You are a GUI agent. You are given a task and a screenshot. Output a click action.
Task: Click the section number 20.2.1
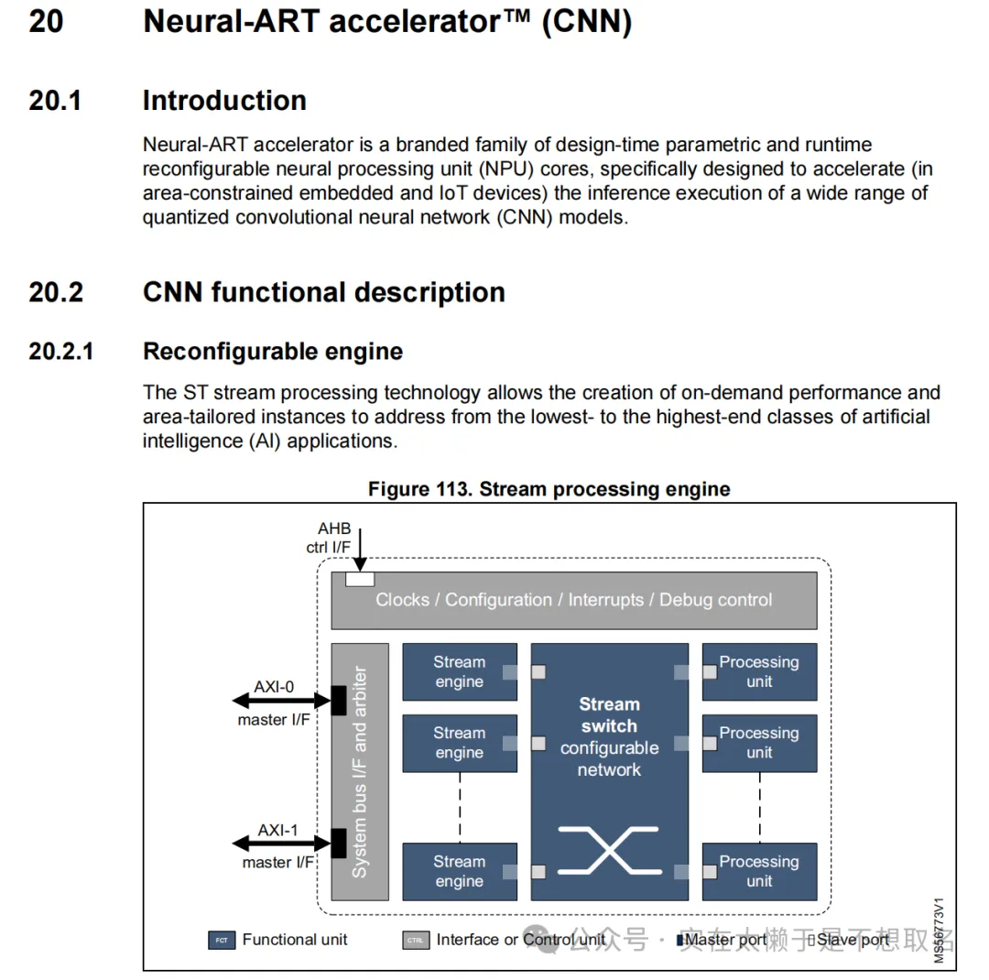tap(61, 352)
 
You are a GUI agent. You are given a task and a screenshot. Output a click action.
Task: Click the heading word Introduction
tap(224, 101)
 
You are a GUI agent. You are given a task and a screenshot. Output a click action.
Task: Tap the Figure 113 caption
tap(549, 489)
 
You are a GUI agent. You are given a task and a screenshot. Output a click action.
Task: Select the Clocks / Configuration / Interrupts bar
tap(574, 600)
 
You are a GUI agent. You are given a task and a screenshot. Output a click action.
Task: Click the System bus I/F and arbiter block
tap(360, 772)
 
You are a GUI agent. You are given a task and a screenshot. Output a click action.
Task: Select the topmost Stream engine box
tap(460, 672)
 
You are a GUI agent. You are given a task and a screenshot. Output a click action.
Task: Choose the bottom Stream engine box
tap(460, 872)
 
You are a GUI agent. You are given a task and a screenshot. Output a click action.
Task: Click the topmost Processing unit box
tap(759, 672)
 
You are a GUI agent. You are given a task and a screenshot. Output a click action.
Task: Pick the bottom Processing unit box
tap(759, 872)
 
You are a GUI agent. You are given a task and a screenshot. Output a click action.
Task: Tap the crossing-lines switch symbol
tap(609, 849)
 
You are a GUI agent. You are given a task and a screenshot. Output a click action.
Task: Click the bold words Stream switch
tap(609, 715)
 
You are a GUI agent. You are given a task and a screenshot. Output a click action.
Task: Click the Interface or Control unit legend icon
tap(416, 940)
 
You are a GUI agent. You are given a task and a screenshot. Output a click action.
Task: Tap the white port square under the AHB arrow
tap(360, 579)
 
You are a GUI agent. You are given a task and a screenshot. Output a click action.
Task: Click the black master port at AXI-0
tap(339, 701)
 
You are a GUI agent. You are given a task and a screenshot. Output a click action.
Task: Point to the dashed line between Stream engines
tap(460, 807)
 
